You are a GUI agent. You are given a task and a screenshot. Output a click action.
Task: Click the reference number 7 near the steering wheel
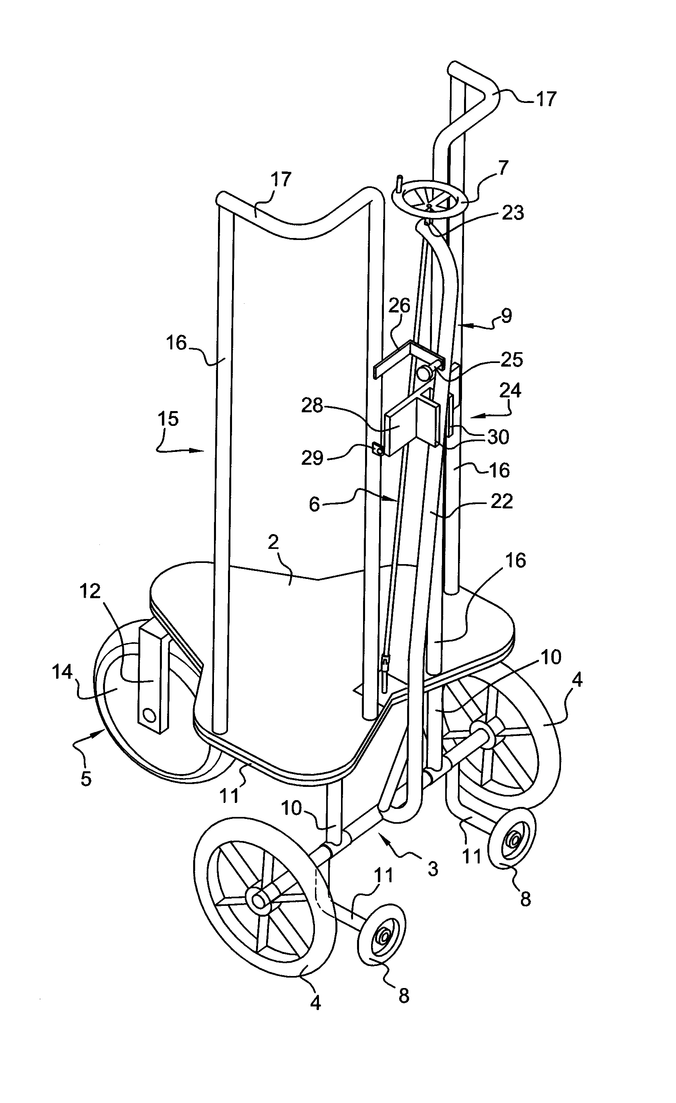[503, 168]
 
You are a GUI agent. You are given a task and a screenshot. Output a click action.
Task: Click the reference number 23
[513, 213]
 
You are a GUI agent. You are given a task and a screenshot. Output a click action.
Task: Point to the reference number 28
[313, 405]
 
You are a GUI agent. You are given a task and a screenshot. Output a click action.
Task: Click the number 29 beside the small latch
[312, 458]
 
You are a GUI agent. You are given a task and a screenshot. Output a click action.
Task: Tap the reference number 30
[498, 437]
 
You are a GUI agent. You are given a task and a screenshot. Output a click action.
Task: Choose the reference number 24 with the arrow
[511, 390]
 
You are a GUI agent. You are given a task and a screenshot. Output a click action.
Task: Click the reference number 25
[512, 359]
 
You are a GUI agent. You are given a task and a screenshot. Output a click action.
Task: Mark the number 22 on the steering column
[501, 501]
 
